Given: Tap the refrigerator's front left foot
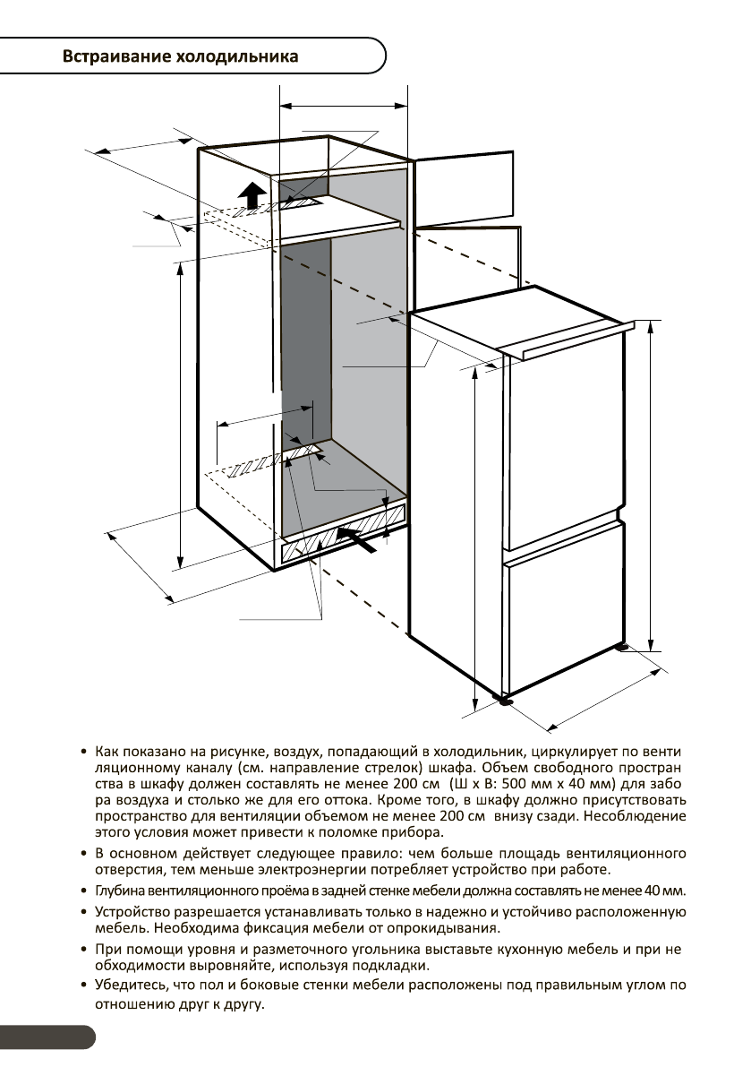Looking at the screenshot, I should [x=507, y=700].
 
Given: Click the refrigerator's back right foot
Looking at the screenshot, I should [x=621, y=645].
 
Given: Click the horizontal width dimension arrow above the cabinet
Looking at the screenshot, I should [x=344, y=106].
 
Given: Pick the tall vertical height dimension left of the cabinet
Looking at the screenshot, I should [x=181, y=412].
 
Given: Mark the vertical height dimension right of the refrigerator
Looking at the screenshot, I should [x=650, y=484].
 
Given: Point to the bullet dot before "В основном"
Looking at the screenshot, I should [x=83, y=851].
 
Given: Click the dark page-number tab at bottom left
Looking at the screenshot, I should [x=45, y=1037].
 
